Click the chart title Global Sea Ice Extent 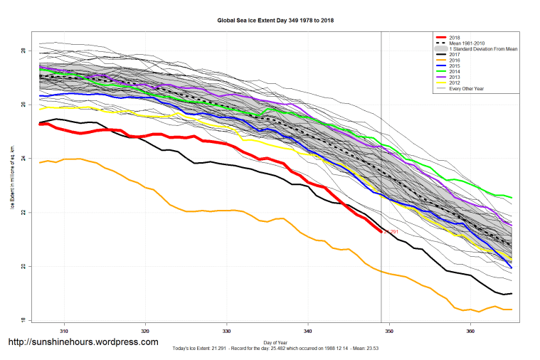275,21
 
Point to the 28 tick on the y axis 23,51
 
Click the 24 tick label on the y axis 23,159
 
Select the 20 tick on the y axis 23,267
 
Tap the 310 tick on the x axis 64,332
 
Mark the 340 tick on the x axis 308,332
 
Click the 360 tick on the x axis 470,332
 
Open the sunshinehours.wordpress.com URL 83,342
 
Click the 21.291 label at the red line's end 392,232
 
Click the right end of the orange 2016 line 512,309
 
